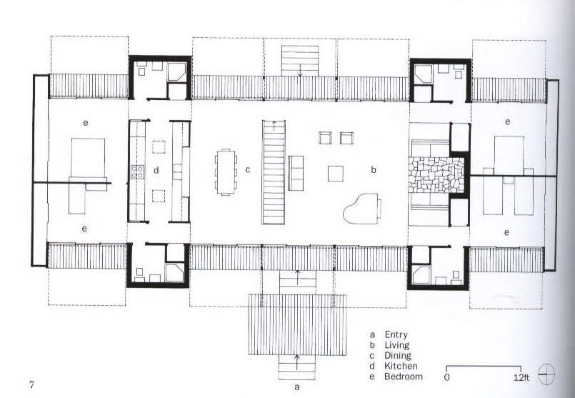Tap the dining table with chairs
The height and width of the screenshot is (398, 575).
pos(226,171)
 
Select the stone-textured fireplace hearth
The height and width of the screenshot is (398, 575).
pos(436,175)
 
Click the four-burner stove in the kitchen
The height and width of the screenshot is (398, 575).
pos(138,172)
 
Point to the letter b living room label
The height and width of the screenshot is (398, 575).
pos(374,169)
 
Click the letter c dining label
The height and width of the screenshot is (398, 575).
pos(248,170)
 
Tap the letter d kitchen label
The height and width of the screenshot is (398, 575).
pos(156,170)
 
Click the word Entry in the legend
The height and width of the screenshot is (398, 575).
pos(396,334)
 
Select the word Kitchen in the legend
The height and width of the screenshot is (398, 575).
pos(401,366)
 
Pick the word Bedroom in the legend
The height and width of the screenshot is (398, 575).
pos(404,377)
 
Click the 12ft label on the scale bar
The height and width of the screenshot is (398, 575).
pos(521,377)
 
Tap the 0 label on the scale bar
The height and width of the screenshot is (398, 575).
pos(446,377)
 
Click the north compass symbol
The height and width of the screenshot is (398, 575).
pos(546,374)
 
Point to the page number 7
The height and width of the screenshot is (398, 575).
pos(31,385)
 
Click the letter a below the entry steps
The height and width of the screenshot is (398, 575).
pos(297,387)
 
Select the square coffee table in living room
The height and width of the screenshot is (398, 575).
pos(336,174)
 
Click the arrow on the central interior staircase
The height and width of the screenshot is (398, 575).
pos(274,126)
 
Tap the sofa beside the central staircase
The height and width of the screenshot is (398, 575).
pos(296,173)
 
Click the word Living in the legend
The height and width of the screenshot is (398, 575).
pos(396,345)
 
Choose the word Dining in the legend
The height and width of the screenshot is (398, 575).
pos(398,355)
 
